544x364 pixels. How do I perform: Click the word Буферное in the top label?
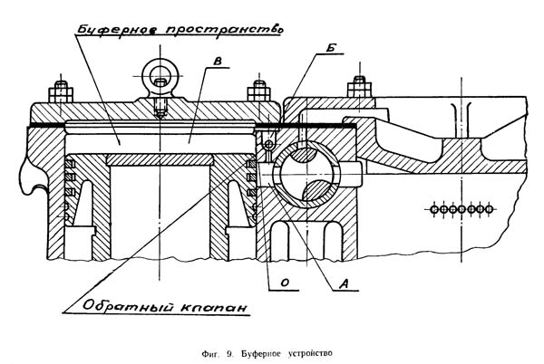(x=114, y=30)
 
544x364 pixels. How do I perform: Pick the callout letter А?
(x=342, y=282)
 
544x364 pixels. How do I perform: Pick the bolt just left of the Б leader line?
(x=260, y=93)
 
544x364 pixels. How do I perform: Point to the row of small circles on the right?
(x=461, y=207)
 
